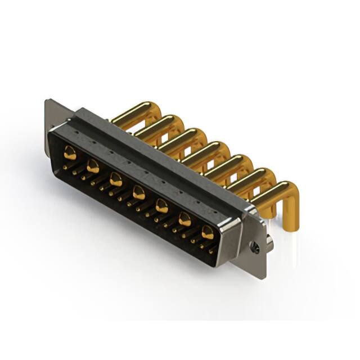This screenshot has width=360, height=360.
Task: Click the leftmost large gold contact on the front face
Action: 70,152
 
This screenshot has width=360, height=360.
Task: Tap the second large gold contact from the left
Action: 93,166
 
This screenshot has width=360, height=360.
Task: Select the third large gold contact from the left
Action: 116,180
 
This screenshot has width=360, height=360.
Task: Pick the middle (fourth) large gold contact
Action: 138,193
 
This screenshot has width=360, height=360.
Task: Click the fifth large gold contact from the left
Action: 161,206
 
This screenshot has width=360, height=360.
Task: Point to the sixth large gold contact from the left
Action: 184,220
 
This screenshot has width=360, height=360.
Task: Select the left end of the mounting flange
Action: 48,112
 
